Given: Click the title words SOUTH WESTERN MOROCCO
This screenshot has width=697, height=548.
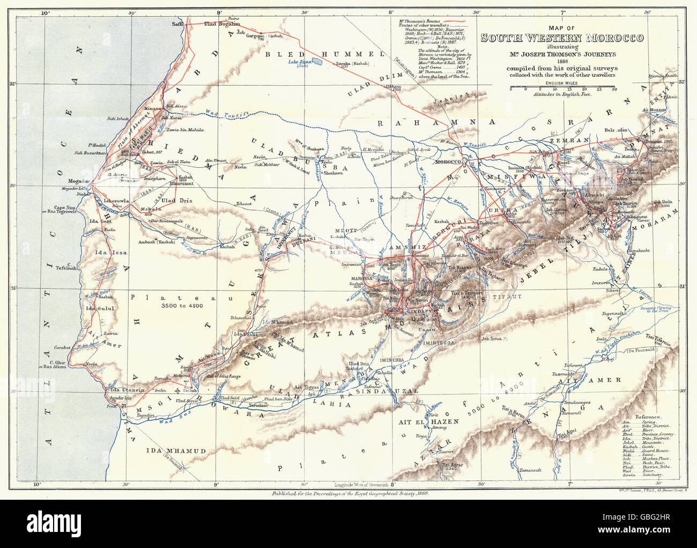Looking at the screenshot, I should (562, 38).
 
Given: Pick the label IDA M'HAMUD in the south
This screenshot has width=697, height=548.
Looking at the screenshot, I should (175, 451).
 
